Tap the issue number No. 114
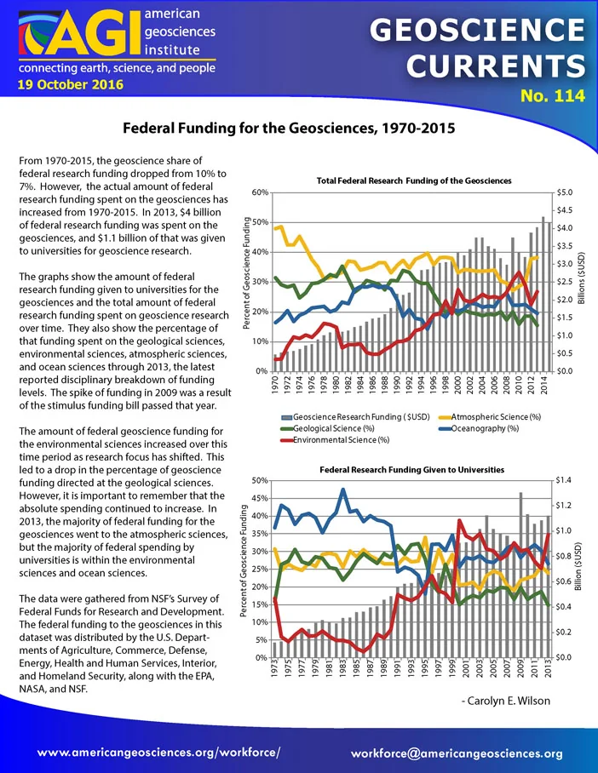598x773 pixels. tap(553, 95)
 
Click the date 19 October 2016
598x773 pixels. tap(71, 84)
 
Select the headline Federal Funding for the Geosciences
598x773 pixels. tap(289, 129)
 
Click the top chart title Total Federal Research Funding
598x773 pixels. tap(414, 180)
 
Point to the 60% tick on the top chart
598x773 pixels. tap(260, 192)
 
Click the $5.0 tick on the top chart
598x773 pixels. tap(565, 192)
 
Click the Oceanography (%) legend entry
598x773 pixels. tap(479, 428)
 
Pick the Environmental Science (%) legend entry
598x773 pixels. tap(335, 440)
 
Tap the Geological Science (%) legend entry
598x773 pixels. tap(328, 428)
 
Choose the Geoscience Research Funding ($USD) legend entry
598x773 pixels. tap(355, 416)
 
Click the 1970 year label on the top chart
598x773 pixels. tap(275, 385)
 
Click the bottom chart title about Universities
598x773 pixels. tap(412, 470)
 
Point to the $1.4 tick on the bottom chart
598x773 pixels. tap(563, 480)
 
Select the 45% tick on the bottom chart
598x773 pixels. tap(260, 498)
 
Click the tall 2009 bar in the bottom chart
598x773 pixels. tap(520, 575)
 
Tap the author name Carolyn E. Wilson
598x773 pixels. tap(505, 701)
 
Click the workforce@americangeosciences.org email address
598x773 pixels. tap(457, 753)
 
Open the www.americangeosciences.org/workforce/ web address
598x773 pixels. tap(159, 753)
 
